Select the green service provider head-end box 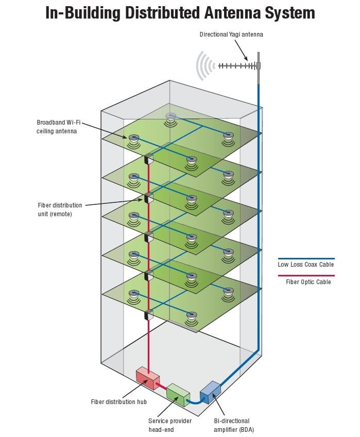[178, 392]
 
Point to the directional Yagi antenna [237, 66]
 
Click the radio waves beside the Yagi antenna [205, 66]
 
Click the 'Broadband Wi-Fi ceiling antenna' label [58, 127]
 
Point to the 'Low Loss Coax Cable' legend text [306, 265]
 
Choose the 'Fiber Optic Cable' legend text [308, 282]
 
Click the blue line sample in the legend [306, 259]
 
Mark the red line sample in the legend [306, 275]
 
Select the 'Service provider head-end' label [169, 425]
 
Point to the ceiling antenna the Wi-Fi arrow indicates [134, 138]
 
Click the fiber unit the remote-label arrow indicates [148, 197]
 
